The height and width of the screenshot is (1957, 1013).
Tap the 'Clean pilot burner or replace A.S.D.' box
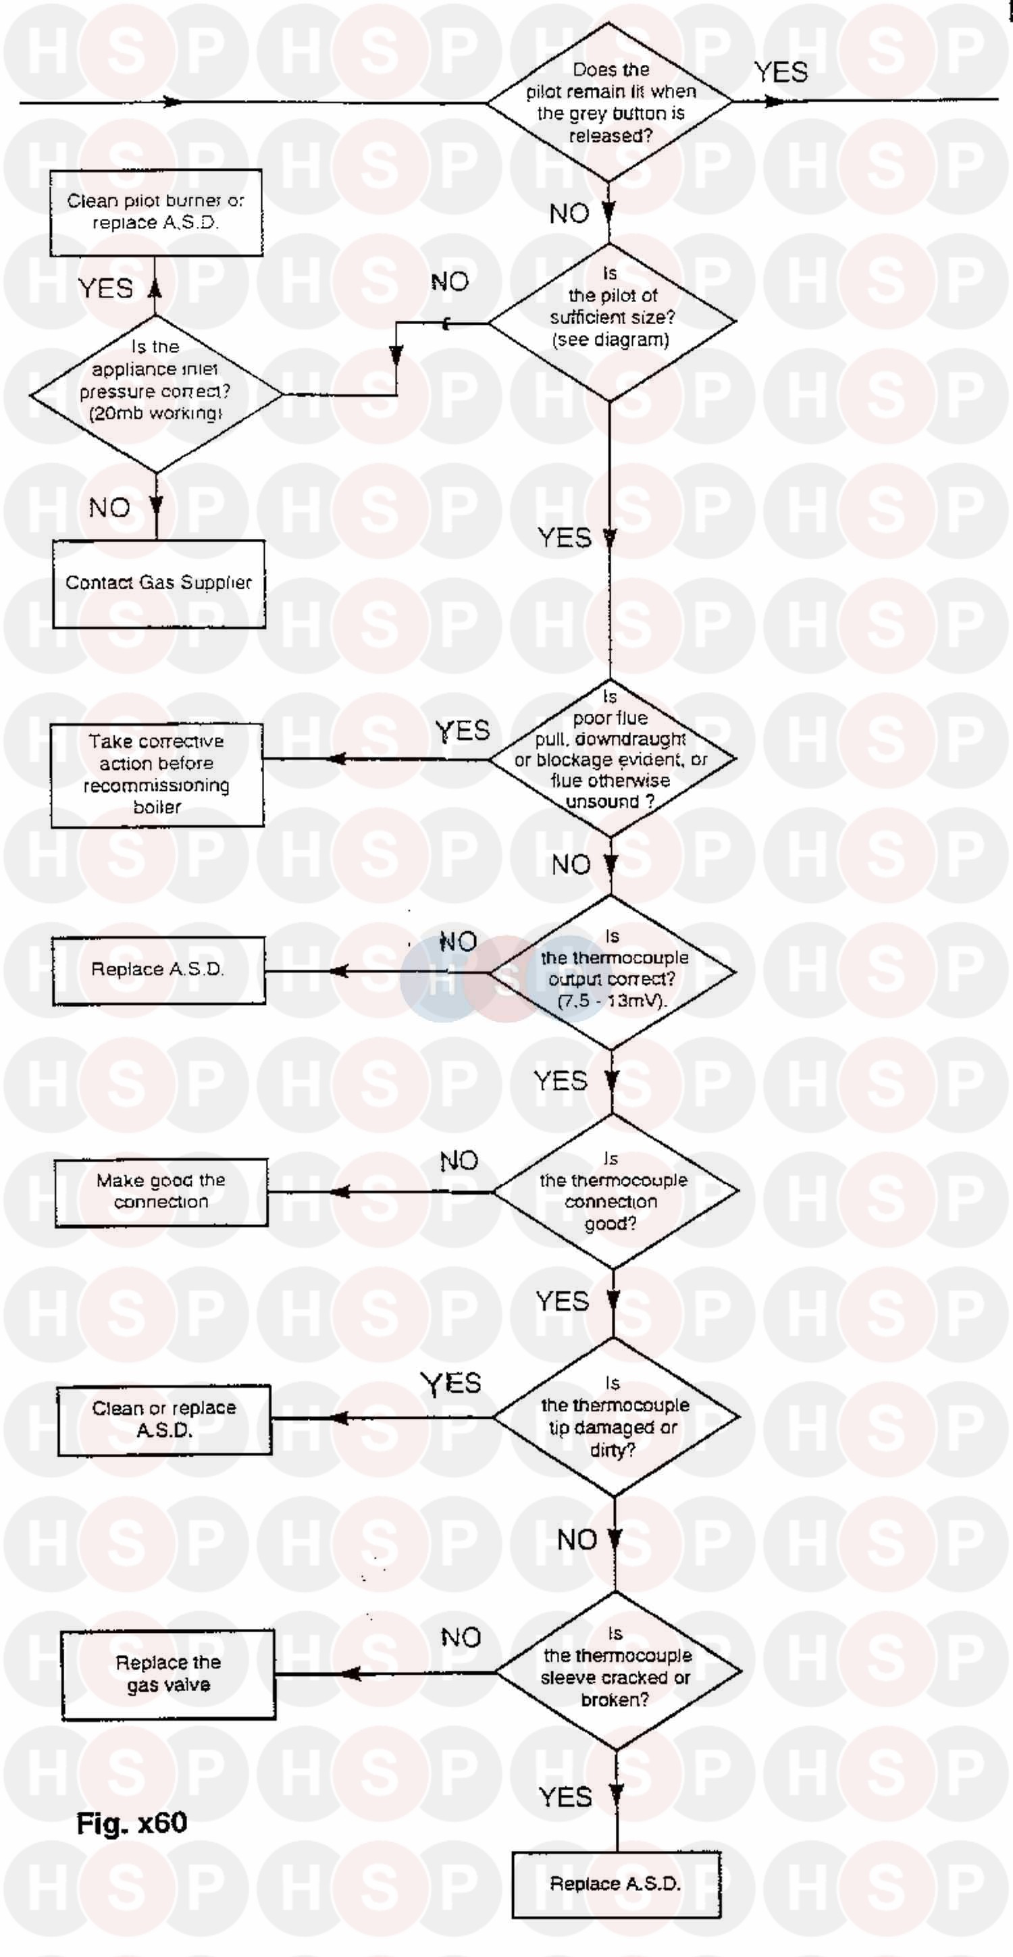pos(157,213)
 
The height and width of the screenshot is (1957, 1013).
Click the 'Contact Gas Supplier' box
pos(159,583)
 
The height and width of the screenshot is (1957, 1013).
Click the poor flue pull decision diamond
pos(612,758)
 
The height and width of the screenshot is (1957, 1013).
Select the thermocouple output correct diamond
pos(612,972)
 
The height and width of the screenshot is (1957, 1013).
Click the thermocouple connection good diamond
pos(614,1191)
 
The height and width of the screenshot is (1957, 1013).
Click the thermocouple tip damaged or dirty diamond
pos(615,1416)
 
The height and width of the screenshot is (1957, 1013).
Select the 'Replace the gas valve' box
pos(168,1673)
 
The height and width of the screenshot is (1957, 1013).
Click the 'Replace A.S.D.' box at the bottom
pos(615,1884)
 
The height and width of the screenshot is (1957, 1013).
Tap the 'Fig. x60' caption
pos(132,1823)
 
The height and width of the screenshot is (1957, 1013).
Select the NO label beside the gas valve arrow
pos(461,1637)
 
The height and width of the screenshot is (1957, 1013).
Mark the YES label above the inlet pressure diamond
pos(105,289)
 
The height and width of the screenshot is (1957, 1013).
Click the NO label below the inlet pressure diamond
pos(109,508)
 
